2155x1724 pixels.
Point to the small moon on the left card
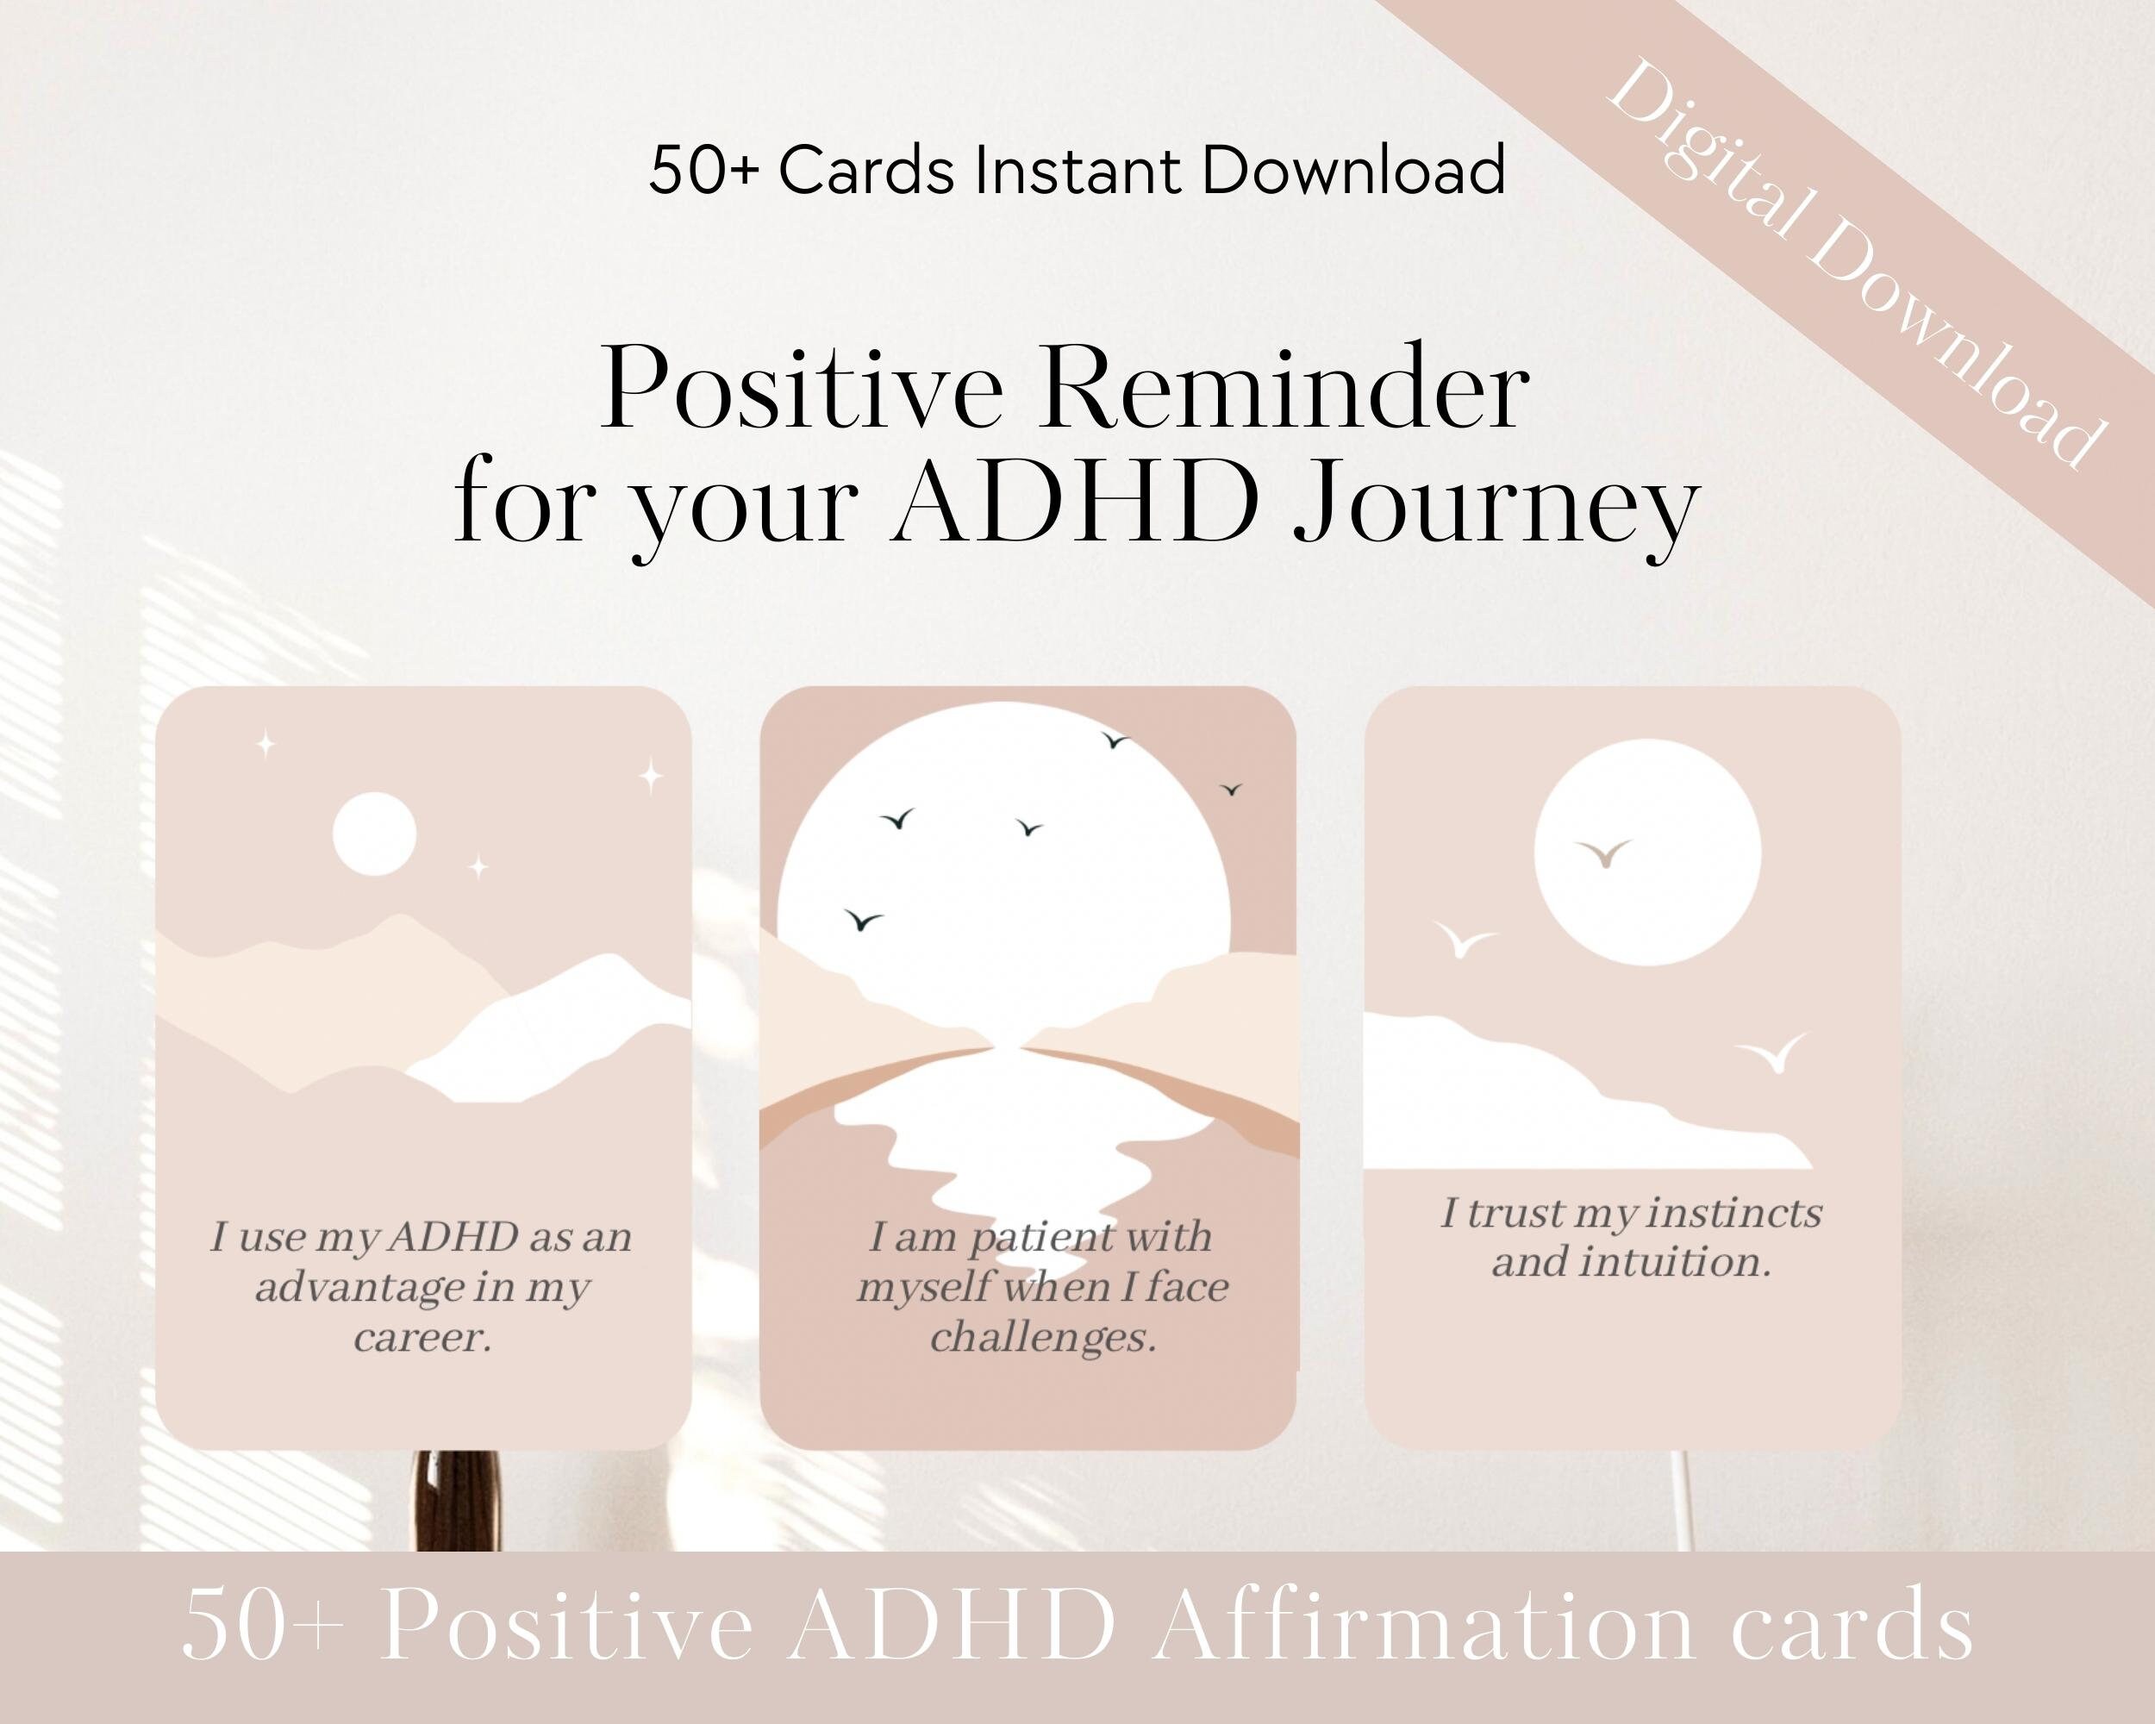[374, 834]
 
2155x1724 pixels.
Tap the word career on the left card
[422, 1337]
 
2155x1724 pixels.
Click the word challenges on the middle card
[1042, 1337]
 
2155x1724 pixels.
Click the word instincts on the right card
[1733, 1214]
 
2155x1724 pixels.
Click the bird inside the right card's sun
[1603, 853]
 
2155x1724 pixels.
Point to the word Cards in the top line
[865, 171]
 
